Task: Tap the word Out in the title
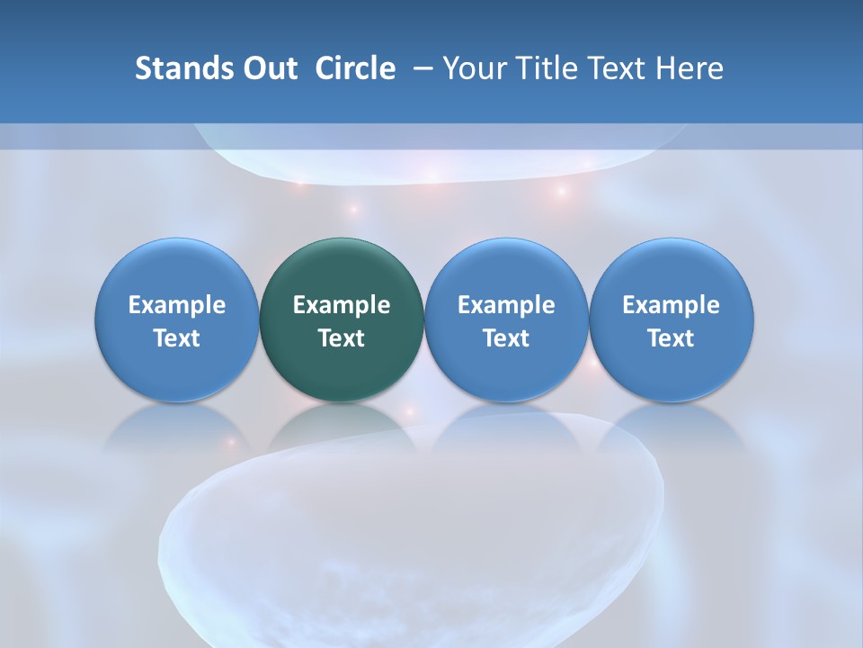pyautogui.click(x=268, y=68)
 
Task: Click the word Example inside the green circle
pyautogui.click(x=342, y=306)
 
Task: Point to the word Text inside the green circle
pyautogui.click(x=342, y=338)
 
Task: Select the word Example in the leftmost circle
pyautogui.click(x=176, y=306)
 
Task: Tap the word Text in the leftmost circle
pyautogui.click(x=176, y=338)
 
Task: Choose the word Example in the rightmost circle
pyautogui.click(x=671, y=306)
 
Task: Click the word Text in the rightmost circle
pyautogui.click(x=671, y=338)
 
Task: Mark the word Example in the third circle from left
pyautogui.click(x=506, y=306)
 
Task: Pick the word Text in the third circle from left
pyautogui.click(x=506, y=338)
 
